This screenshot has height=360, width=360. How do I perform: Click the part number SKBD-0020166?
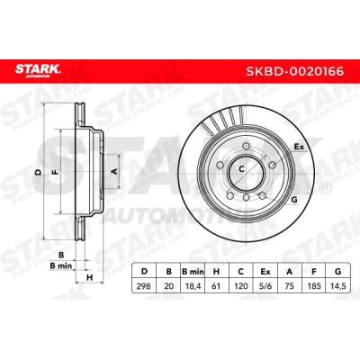(x=294, y=71)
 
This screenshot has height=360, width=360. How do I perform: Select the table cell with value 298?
(x=144, y=286)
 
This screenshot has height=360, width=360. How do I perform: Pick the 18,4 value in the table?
(x=193, y=286)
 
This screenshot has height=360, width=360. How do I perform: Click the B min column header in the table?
(x=193, y=272)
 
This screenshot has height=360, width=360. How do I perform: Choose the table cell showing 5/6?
(x=265, y=286)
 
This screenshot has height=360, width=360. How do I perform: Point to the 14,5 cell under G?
(x=338, y=286)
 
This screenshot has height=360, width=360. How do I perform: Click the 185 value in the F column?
(x=314, y=286)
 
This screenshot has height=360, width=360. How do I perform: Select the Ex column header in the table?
(x=265, y=272)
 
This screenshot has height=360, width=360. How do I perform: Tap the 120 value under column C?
(x=241, y=286)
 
